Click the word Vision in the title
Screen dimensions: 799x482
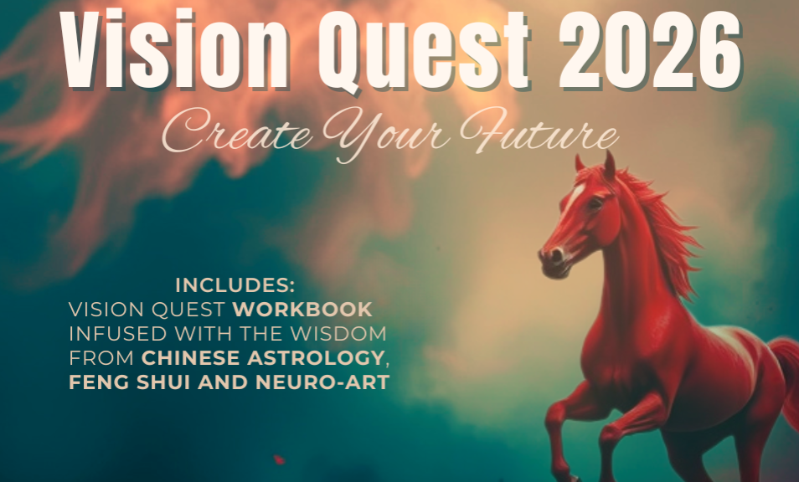(x=174, y=49)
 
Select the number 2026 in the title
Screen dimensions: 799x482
(x=650, y=49)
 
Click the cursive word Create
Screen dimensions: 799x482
(x=237, y=132)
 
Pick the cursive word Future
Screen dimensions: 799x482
(x=539, y=131)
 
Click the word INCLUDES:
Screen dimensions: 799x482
(x=235, y=285)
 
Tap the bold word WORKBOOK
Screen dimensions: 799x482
(x=302, y=310)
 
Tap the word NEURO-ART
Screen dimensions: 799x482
(x=322, y=382)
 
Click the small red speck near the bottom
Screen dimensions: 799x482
(x=279, y=459)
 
